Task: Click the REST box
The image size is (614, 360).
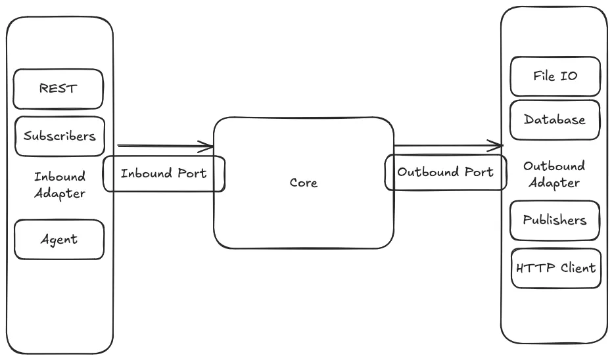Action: click(x=59, y=89)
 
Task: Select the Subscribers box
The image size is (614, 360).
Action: click(x=59, y=137)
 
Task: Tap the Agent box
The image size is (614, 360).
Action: click(x=59, y=239)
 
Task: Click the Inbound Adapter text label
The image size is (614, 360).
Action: click(x=59, y=185)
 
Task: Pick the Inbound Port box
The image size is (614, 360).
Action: click(x=164, y=173)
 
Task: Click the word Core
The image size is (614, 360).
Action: click(x=303, y=183)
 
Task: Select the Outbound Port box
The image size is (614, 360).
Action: click(x=445, y=173)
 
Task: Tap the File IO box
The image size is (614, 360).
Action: click(x=555, y=76)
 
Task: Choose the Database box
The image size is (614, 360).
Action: click(x=555, y=120)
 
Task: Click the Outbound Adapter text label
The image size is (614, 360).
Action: click(x=555, y=175)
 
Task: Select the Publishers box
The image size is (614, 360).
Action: click(x=555, y=220)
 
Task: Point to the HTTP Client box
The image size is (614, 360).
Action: click(x=555, y=268)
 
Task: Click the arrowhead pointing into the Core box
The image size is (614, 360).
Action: click(x=209, y=146)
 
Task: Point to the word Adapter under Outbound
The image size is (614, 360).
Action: click(x=555, y=183)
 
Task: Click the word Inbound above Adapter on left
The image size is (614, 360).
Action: click(x=59, y=177)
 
